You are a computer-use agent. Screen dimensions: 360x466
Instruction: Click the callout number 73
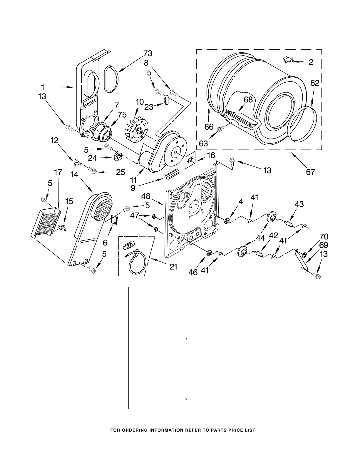[148, 54]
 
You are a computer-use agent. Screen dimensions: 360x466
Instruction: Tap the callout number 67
[311, 172]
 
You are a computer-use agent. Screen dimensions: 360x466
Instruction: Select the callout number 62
[315, 83]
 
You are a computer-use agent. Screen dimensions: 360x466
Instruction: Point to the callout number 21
[173, 267]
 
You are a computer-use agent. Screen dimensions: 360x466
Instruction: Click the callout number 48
[146, 196]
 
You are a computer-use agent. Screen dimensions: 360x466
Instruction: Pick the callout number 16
[211, 155]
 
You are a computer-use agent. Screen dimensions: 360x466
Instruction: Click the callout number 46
[193, 272]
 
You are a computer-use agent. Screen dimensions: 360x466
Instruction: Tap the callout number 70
[324, 237]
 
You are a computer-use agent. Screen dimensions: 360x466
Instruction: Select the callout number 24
[92, 158]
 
